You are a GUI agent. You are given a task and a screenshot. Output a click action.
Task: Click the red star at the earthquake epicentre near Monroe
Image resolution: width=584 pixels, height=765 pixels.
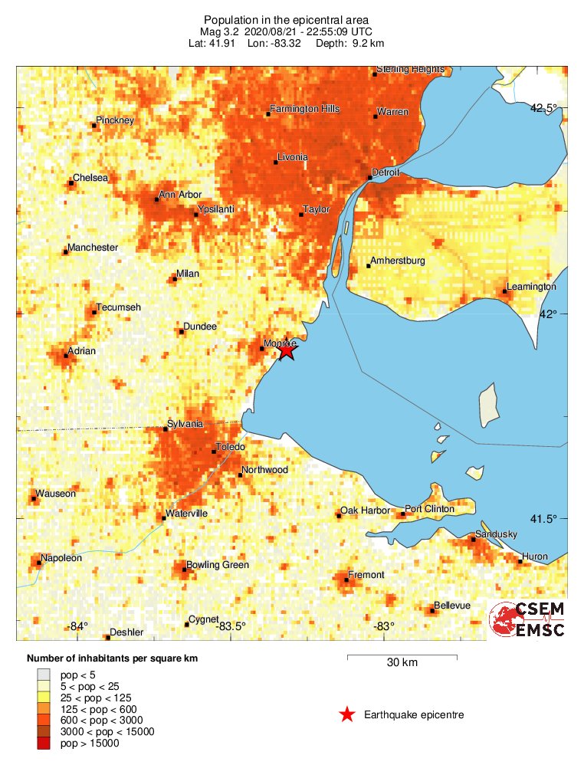point(287,351)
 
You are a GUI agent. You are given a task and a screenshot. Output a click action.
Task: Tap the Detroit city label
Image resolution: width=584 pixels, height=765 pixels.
point(386,172)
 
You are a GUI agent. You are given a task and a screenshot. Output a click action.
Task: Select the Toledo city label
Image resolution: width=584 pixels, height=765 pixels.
point(231,446)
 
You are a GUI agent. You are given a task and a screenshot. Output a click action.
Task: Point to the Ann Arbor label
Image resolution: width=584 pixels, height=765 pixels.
point(179,195)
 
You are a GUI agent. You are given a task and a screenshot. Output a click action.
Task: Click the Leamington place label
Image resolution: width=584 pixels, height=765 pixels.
point(531,286)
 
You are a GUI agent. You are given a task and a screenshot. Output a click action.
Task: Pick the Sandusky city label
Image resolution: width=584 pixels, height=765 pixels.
point(496,534)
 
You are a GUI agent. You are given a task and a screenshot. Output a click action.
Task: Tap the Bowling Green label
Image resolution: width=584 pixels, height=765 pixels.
point(220,565)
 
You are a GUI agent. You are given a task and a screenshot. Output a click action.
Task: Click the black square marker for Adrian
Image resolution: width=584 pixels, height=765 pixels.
point(66,356)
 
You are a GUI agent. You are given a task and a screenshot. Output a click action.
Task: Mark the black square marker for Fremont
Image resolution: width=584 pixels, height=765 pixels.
point(346,579)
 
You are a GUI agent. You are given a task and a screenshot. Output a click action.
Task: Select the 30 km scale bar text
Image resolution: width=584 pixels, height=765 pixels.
point(402,663)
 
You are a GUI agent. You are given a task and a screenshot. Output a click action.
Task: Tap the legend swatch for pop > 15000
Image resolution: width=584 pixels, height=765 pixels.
point(46,743)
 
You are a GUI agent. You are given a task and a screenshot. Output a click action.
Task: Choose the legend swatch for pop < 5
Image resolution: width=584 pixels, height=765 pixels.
point(46,674)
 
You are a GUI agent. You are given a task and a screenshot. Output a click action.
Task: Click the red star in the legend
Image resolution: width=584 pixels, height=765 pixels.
point(347,714)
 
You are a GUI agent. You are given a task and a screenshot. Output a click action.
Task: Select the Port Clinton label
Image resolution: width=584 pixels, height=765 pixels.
point(429,509)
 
